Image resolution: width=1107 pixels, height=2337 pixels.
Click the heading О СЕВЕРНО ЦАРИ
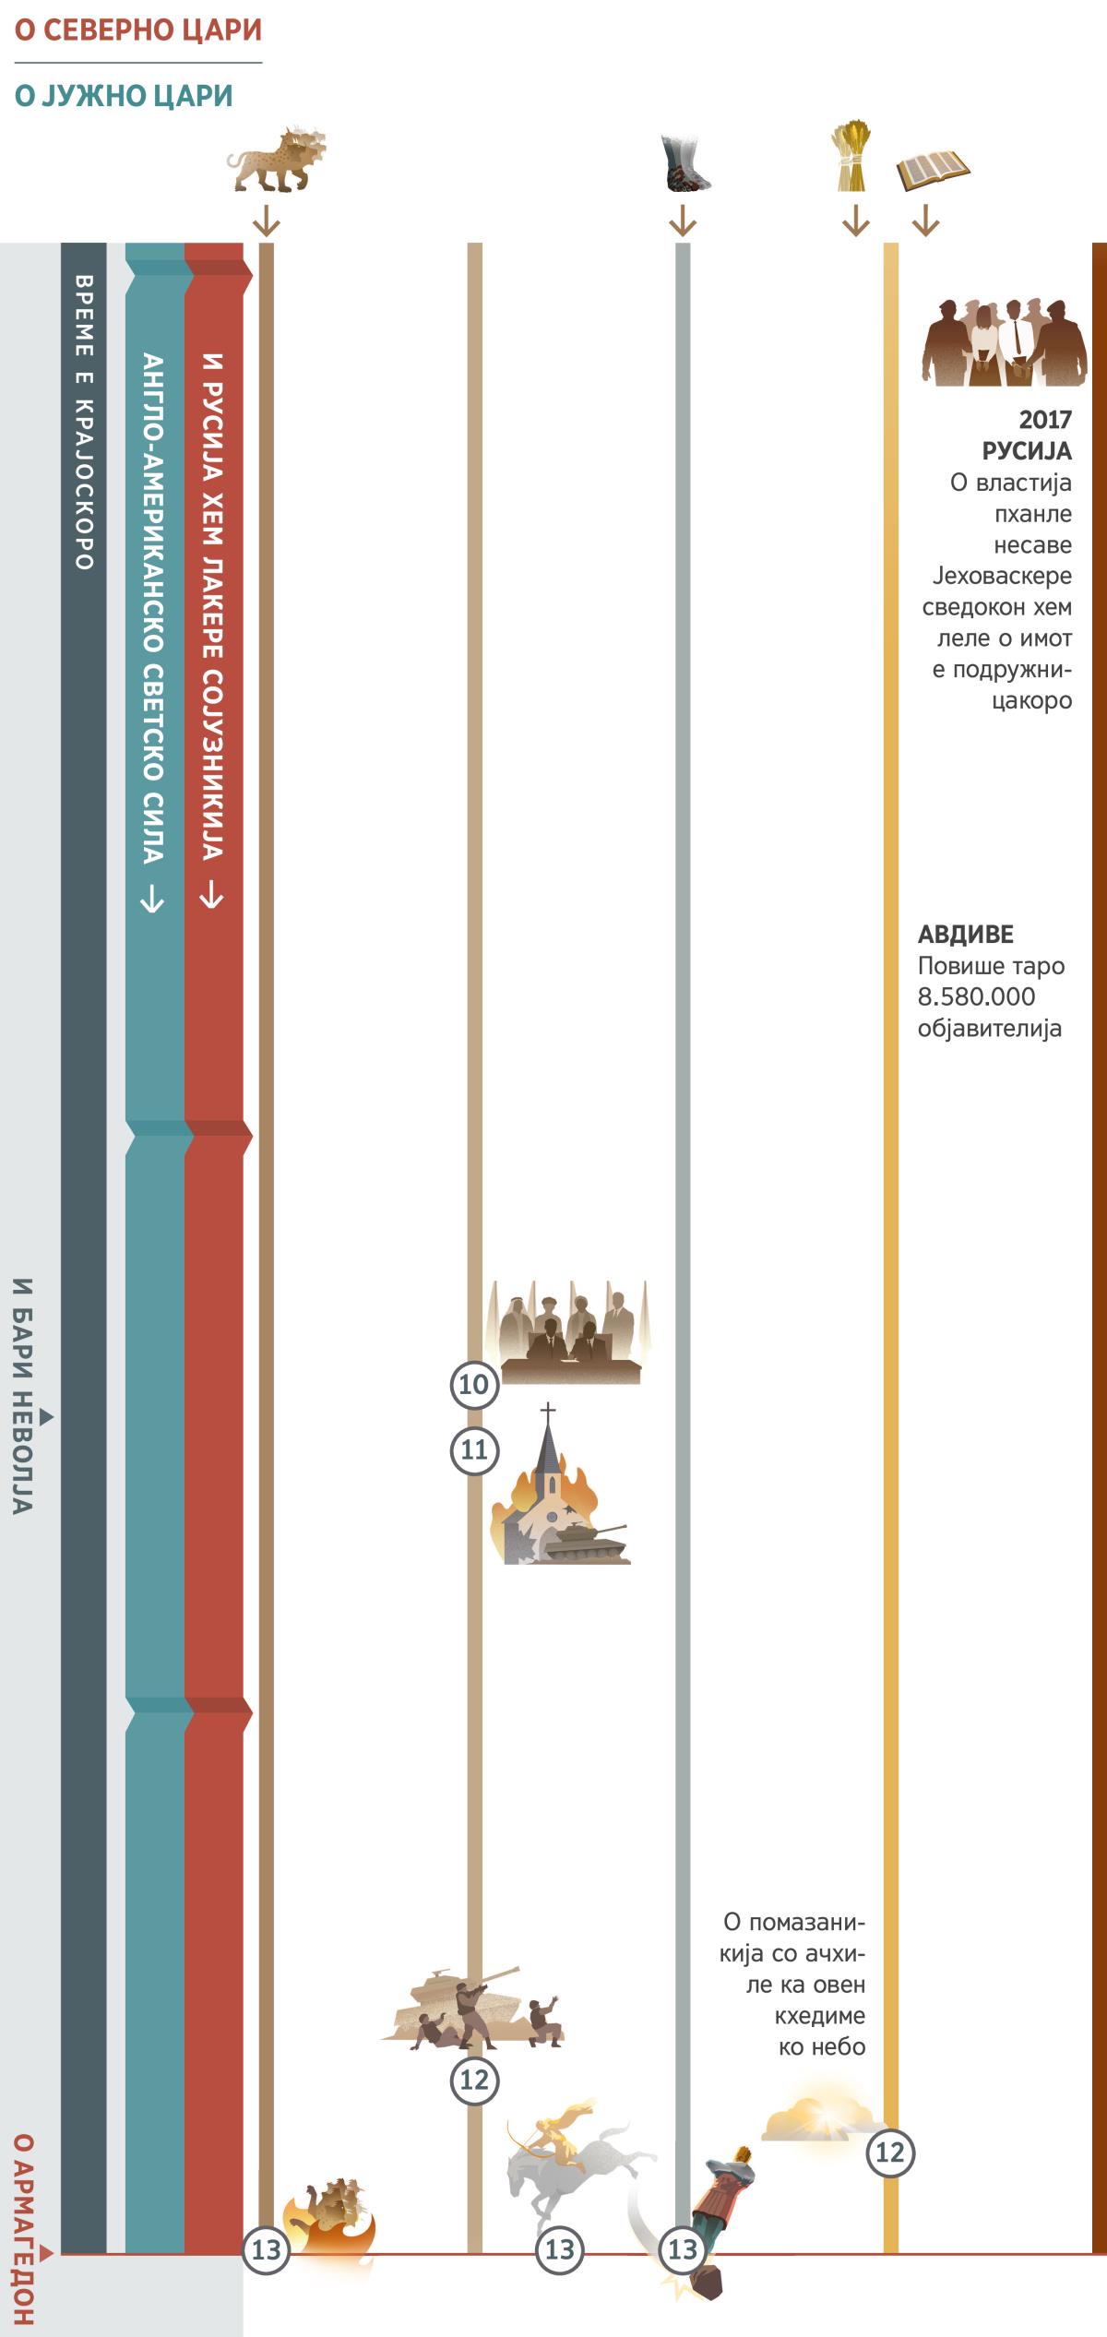pos(138,30)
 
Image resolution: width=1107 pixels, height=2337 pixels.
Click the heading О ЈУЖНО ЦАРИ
pos(124,96)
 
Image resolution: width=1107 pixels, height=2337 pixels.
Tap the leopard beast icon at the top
pos(275,160)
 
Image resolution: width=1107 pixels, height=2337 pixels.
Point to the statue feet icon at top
pos(685,163)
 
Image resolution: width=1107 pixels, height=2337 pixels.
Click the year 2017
pos(1044,420)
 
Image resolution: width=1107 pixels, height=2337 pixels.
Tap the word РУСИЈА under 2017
pos(1026,451)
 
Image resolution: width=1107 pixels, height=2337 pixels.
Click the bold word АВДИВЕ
pos(965,935)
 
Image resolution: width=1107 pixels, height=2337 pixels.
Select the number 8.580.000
pos(976,996)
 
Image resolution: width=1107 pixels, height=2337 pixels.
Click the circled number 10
pos(474,1384)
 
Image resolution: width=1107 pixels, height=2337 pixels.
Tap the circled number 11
pos(474,1449)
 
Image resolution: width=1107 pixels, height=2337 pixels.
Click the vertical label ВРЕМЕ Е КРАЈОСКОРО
pos(83,421)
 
